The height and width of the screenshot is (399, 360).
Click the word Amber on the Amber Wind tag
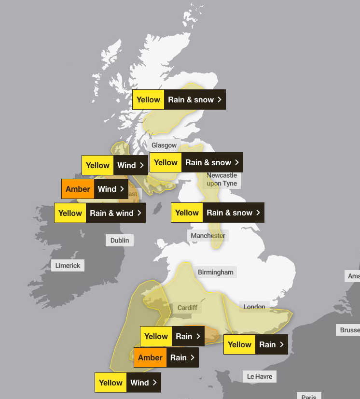pyautogui.click(x=78, y=189)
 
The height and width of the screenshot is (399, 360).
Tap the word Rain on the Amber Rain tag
pyautogui.click(x=179, y=357)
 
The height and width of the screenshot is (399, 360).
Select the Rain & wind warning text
pyautogui.click(x=111, y=213)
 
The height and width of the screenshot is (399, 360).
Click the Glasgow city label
pyautogui.click(x=164, y=145)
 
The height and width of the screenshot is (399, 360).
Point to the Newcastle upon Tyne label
pyautogui.click(x=222, y=179)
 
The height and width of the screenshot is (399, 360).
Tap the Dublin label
pyautogui.click(x=120, y=240)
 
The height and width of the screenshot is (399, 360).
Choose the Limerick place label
pyautogui.click(x=68, y=265)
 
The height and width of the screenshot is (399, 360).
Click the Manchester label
pyautogui.click(x=208, y=235)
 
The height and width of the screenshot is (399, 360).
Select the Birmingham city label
pyautogui.click(x=215, y=272)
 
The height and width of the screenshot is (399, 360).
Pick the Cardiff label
pyautogui.click(x=187, y=308)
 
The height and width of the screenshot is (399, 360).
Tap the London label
pyautogui.click(x=254, y=306)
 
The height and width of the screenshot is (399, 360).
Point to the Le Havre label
pyautogui.click(x=260, y=376)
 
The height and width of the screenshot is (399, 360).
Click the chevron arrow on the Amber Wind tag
pyautogui.click(x=122, y=189)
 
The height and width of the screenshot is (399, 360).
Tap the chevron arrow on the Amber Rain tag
pyautogui.click(x=193, y=357)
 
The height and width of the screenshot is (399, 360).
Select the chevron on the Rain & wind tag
pyautogui.click(x=139, y=213)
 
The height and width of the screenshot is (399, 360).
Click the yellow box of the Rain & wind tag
pyautogui.click(x=70, y=213)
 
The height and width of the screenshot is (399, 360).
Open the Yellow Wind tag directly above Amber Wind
pyautogui.click(x=115, y=165)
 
